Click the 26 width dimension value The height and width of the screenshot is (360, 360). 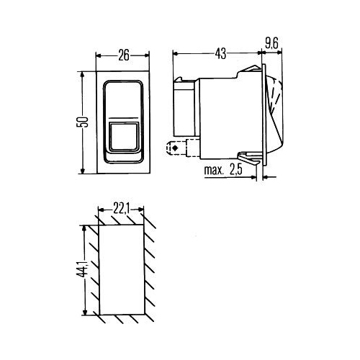[124, 55]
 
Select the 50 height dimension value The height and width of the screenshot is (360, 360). [82, 122]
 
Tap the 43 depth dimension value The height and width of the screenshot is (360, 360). [220, 54]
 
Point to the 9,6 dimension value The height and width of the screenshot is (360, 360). [271, 44]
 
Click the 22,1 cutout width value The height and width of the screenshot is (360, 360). [122, 210]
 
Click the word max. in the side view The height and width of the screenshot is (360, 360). [214, 170]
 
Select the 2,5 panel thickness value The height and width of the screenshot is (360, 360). [236, 170]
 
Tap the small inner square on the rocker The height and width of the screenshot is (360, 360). [124, 137]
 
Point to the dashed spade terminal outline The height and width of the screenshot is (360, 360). [176, 148]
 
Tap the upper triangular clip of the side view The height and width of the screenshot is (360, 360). [250, 68]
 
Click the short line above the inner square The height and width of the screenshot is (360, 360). [123, 118]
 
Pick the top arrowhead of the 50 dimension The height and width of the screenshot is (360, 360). [82, 74]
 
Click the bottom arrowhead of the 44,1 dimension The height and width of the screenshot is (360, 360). [84, 312]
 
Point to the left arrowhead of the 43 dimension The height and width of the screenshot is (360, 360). [176, 54]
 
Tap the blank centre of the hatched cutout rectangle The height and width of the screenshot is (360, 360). [122, 270]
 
